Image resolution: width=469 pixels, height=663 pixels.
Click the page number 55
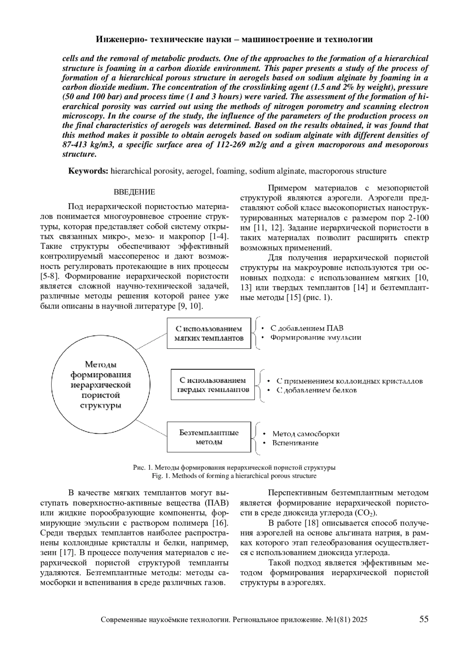424,619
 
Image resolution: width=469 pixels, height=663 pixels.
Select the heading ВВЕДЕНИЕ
134,192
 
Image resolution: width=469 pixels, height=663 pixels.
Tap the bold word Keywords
88,171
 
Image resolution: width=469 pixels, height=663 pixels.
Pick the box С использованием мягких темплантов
209,333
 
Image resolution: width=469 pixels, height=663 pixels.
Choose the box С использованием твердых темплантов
213,384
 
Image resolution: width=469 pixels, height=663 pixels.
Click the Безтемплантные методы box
209,437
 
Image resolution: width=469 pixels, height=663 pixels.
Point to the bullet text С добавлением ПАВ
307,328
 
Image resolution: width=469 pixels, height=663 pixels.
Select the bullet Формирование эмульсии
315,338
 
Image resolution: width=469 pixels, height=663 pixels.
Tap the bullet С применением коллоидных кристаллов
349,381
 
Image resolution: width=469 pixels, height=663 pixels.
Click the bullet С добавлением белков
317,390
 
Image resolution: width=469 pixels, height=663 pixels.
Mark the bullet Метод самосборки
306,434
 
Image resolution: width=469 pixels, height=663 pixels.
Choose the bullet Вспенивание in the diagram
295,443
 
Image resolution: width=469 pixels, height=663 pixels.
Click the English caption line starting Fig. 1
234,476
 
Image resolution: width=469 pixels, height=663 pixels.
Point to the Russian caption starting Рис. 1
234,467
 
